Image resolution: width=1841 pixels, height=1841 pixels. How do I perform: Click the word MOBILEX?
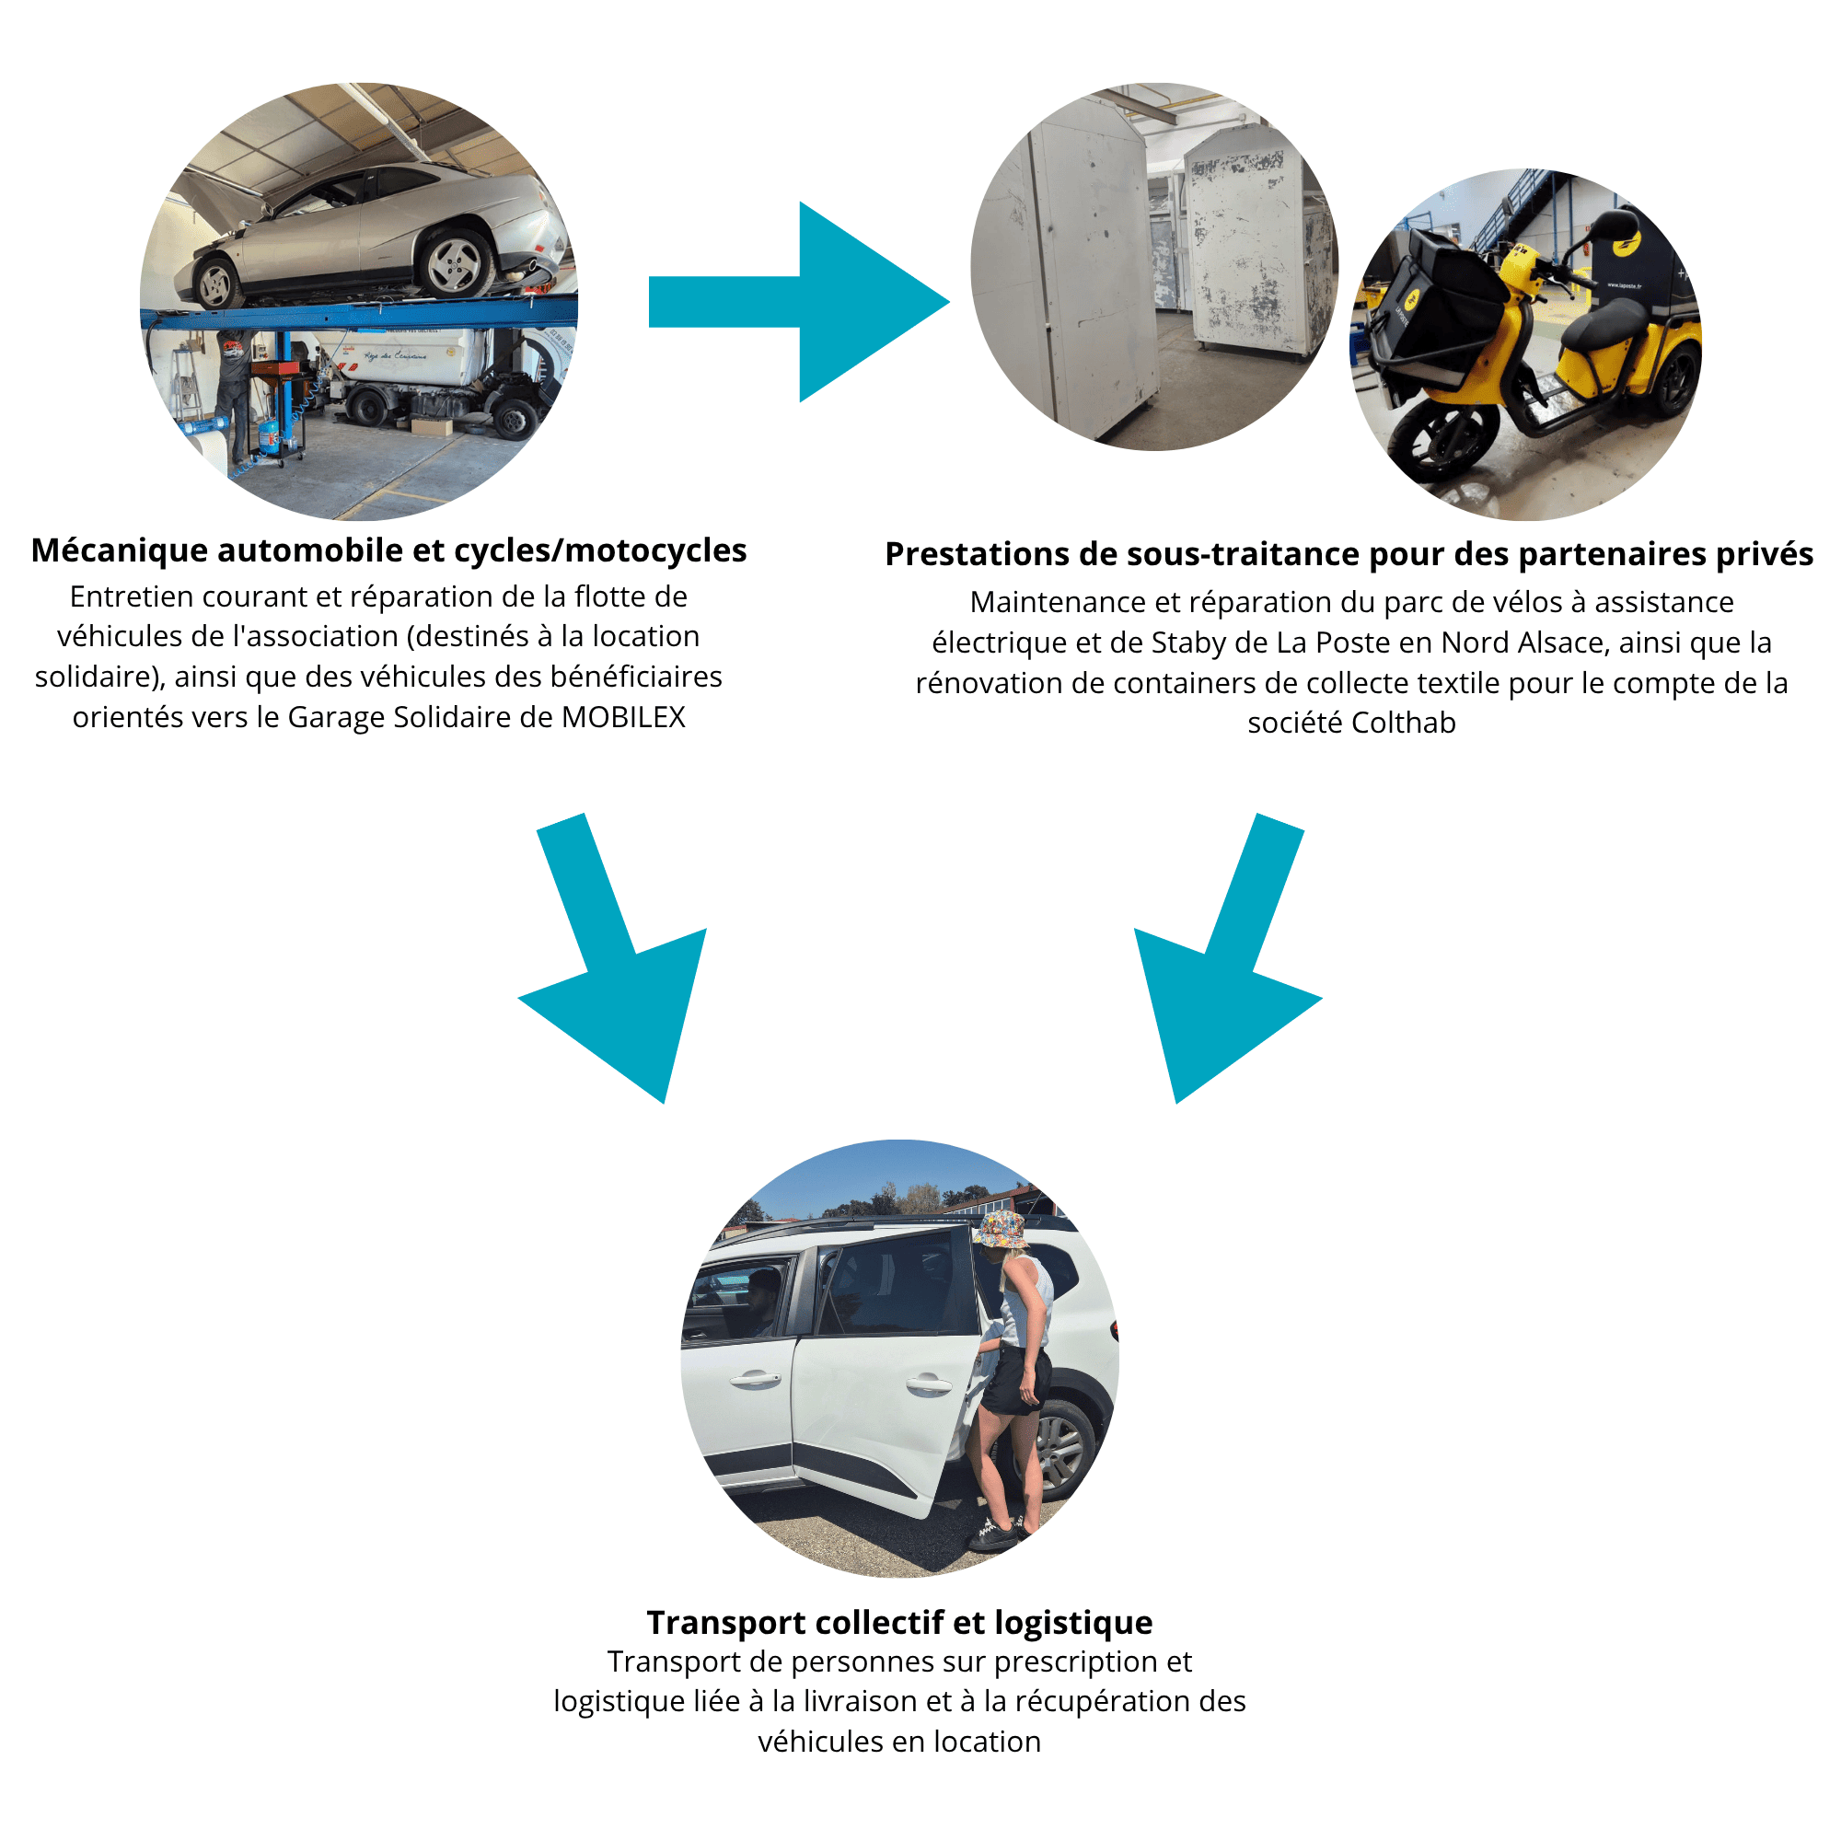(x=623, y=716)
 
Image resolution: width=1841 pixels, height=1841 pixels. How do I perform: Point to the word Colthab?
(x=1404, y=724)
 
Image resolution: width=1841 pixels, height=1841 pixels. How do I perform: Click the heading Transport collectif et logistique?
(x=899, y=1622)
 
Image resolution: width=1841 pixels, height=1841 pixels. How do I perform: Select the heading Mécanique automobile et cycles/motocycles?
(x=388, y=550)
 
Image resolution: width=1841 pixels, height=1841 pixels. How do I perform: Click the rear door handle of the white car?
(x=927, y=1384)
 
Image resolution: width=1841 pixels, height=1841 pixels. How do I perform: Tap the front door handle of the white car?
(x=754, y=1378)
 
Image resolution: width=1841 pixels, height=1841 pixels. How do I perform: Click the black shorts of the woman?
(x=1018, y=1381)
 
